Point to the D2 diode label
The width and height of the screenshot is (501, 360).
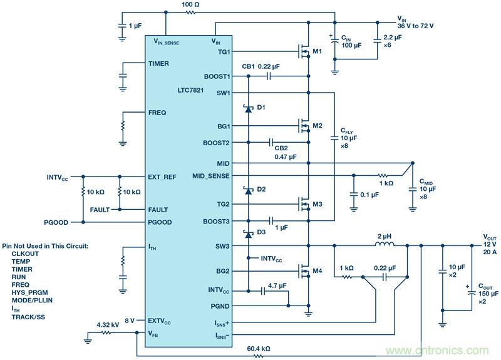tap(261, 189)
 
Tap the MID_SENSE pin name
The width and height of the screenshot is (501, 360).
tap(211, 176)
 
